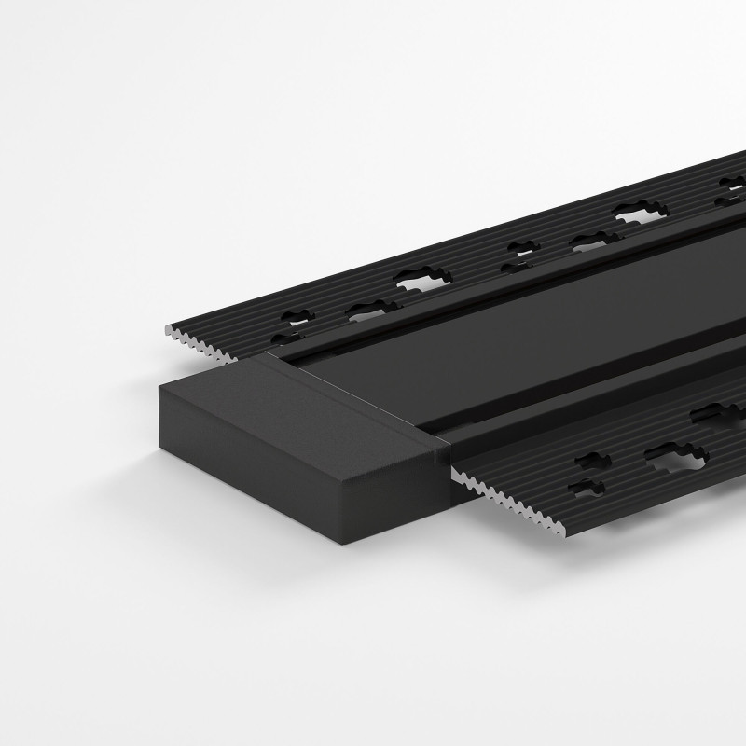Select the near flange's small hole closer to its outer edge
587,486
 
